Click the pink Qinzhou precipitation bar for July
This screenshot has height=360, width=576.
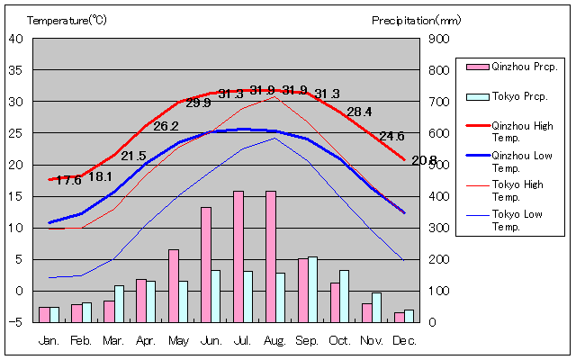[238, 256]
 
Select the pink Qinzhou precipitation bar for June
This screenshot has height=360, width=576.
[206, 265]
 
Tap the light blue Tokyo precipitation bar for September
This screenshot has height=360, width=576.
[313, 289]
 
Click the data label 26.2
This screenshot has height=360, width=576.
[166, 126]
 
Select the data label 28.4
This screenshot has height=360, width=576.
[359, 112]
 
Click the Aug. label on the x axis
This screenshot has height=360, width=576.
[275, 341]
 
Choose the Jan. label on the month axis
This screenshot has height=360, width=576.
[49, 341]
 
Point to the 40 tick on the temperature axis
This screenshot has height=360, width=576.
[16, 39]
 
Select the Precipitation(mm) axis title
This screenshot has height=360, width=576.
[416, 19]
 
